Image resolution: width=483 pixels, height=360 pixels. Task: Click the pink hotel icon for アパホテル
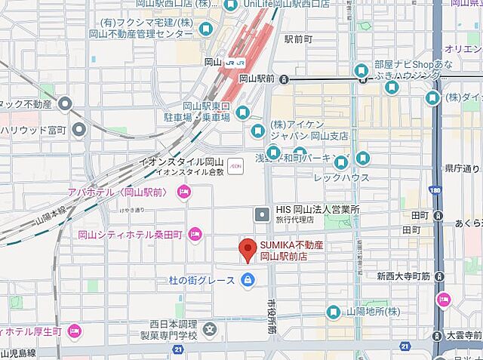point(183,194)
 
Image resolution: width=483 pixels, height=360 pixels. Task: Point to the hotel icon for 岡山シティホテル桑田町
point(195,234)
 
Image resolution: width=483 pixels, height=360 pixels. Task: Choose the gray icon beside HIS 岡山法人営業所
point(261,214)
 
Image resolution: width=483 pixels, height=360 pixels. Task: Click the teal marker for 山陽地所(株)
point(333,312)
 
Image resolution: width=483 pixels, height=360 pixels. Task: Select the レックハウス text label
point(342,178)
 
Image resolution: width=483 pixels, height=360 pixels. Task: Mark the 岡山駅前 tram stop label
point(257,78)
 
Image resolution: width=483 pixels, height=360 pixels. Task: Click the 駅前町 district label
point(299,38)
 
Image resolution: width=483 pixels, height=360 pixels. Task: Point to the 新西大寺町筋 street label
point(403,276)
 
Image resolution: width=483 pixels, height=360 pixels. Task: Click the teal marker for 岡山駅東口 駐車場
point(242,112)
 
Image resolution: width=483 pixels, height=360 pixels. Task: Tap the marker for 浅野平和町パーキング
point(341,161)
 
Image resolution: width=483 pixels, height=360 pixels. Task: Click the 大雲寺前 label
point(463,335)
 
